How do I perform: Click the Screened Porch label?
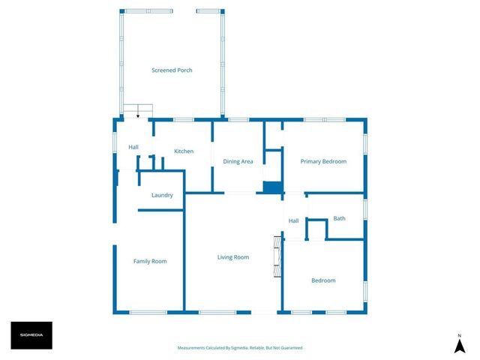coord(172,70)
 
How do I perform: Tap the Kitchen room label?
coord(184,151)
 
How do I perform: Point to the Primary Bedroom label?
coord(323,161)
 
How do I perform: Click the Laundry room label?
coord(162,196)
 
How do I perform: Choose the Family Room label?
coord(150,261)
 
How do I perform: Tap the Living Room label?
coord(233,257)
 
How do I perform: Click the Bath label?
coord(340,218)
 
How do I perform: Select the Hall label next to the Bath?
coord(294,220)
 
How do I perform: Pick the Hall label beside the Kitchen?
coord(133,147)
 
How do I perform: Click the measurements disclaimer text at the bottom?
coord(240,348)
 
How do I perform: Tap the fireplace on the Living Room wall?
coord(278,256)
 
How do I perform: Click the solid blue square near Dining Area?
coord(271,187)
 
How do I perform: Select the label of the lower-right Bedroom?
coord(323,280)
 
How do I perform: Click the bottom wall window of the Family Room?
coord(148,312)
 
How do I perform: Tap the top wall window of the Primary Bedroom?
coord(324,119)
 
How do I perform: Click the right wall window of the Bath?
coord(365,208)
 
